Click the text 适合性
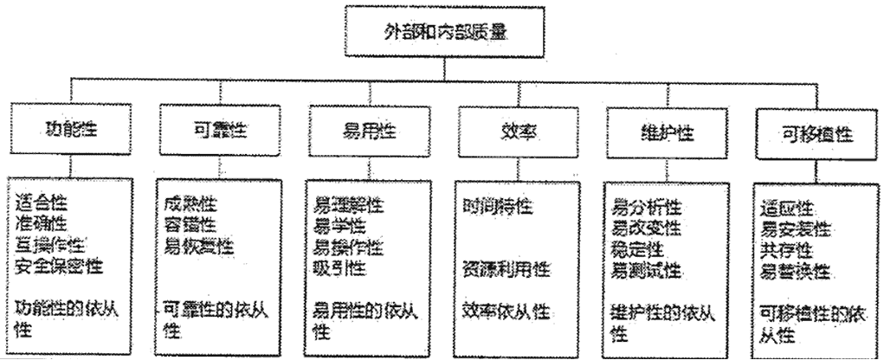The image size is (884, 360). pyautogui.click(x=42, y=204)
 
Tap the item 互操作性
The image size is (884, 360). pyautogui.click(x=50, y=247)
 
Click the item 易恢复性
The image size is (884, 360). pyautogui.click(x=198, y=247)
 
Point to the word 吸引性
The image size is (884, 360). pyautogui.click(x=339, y=267)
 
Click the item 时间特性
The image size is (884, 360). pyautogui.click(x=497, y=205)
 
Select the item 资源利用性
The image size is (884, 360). pyautogui.click(x=506, y=268)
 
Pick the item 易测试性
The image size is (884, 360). pyautogui.click(x=647, y=270)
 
